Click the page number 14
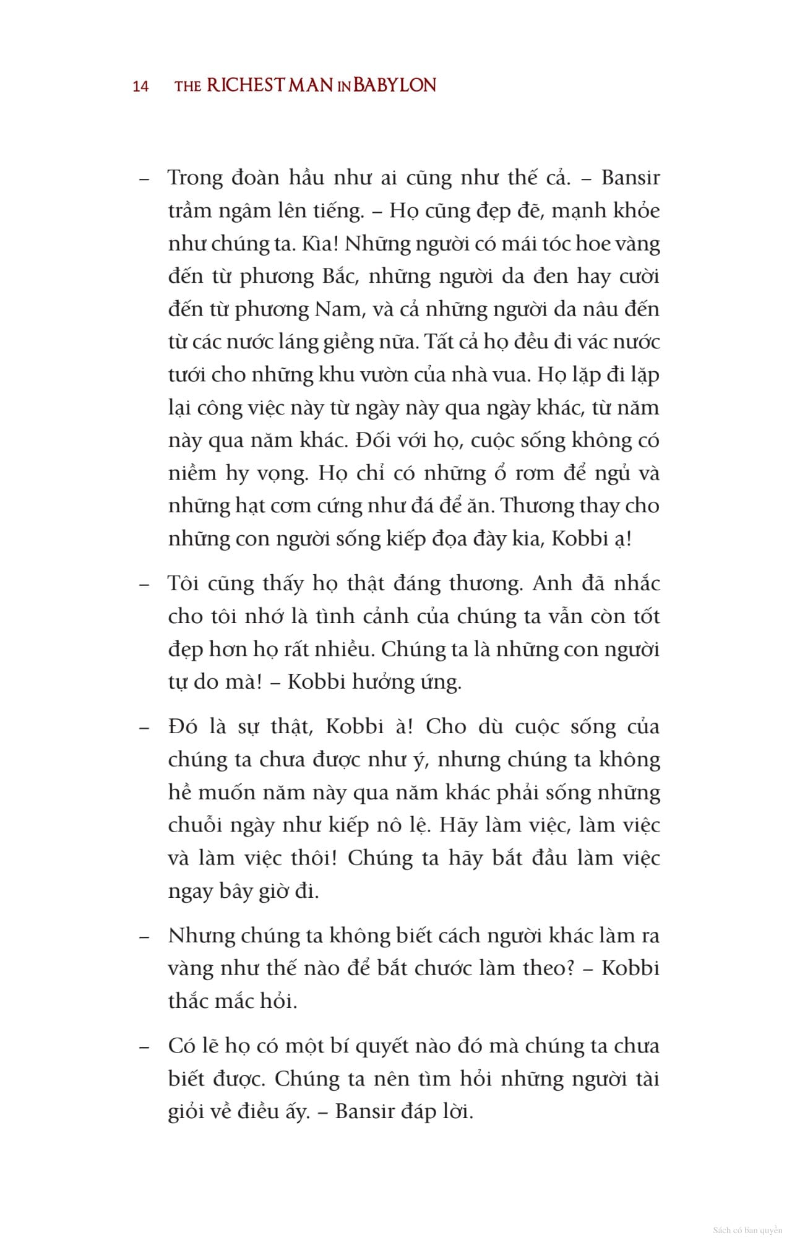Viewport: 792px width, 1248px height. coord(140,86)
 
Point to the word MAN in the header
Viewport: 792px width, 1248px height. coord(311,85)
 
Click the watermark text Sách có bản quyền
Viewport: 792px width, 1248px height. coord(747,1230)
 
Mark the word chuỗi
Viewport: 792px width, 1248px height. coord(195,825)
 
